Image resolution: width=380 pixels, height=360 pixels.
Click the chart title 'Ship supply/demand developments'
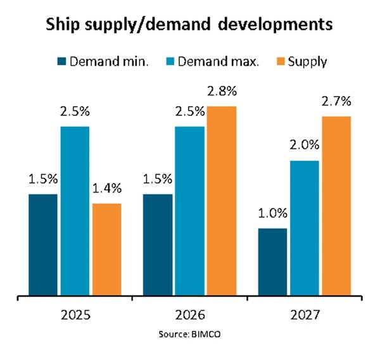(190, 26)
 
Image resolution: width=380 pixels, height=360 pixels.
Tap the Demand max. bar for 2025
(74, 211)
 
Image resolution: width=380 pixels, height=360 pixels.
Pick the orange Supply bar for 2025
(106, 249)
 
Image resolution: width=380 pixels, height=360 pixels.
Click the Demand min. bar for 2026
(158, 244)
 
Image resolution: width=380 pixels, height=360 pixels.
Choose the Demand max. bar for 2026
(189, 211)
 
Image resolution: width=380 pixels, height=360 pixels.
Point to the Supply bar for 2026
(221, 201)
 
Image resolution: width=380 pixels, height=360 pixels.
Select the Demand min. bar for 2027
(273, 261)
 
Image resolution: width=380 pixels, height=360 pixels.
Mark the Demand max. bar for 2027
(305, 228)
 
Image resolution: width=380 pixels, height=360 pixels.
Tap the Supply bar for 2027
(336, 206)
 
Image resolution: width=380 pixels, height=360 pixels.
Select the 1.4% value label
(106, 187)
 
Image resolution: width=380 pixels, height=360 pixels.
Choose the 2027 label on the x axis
(305, 314)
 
